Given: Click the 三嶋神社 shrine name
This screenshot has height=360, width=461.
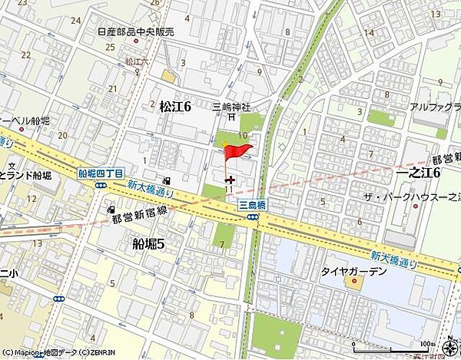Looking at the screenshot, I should coord(233,106).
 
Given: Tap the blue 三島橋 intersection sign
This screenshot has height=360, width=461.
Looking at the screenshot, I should coord(250,205).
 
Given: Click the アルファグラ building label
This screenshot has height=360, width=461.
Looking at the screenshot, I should coord(434,108).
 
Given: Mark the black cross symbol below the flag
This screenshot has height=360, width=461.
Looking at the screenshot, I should coord(230,179).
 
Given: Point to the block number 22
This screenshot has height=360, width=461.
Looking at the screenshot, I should coord(26,54).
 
